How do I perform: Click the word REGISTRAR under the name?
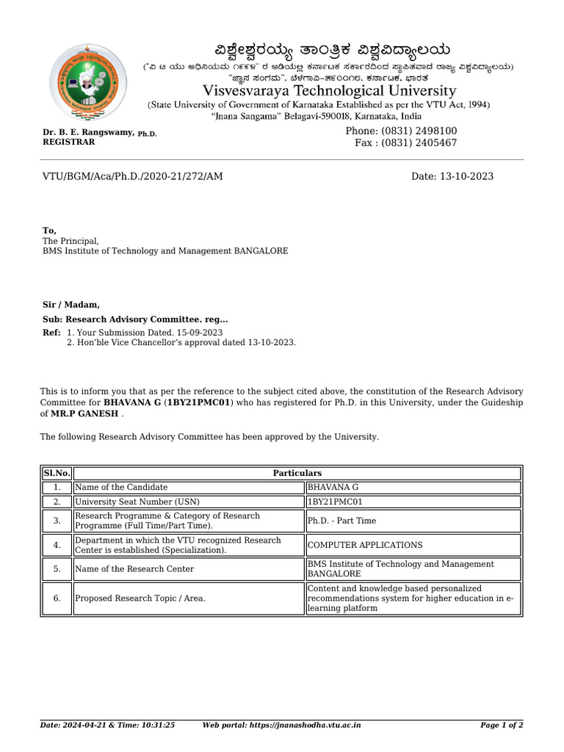(68, 142)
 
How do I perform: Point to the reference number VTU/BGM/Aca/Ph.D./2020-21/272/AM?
(132, 176)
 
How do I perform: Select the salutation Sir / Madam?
(71, 305)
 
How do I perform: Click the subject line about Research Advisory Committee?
(135, 319)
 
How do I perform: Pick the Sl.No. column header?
(57, 474)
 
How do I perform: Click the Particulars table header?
(297, 474)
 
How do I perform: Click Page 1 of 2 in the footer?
(501, 726)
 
